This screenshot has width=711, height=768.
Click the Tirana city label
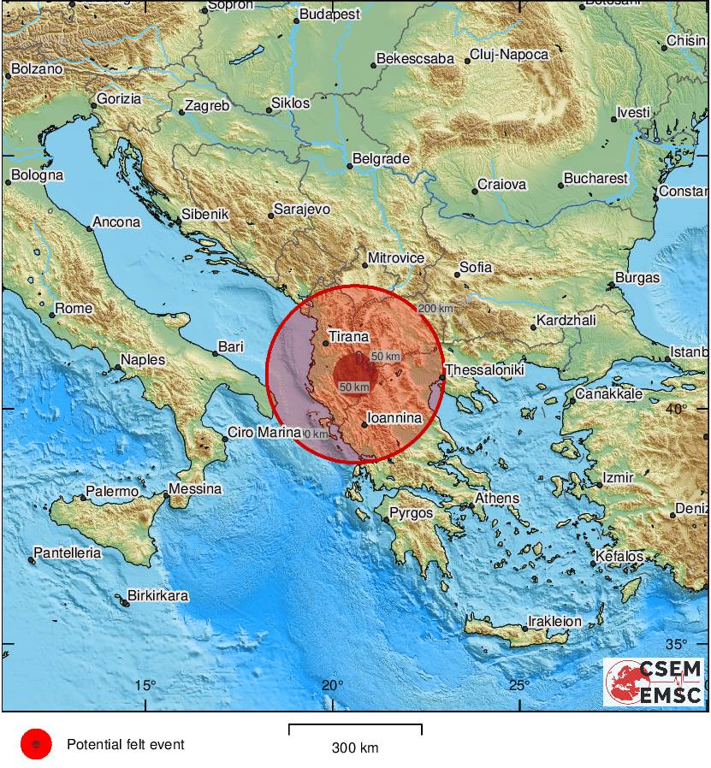[x=349, y=337]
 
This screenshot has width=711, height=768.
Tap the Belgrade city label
[x=382, y=159]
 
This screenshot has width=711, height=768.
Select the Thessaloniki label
[x=483, y=370]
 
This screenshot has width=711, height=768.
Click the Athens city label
[x=497, y=499]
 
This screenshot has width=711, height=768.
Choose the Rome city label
[x=74, y=309]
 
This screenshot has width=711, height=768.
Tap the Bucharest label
[x=595, y=179]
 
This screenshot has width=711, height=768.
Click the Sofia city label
[x=476, y=268]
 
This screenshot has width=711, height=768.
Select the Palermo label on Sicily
[x=111, y=492]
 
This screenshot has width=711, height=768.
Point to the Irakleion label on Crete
[x=554, y=622]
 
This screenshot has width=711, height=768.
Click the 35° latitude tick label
[x=676, y=644]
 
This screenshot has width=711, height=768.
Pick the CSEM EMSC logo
[x=655, y=682]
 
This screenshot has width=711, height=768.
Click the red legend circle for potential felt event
[x=36, y=745]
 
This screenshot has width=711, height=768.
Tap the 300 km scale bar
[x=355, y=730]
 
